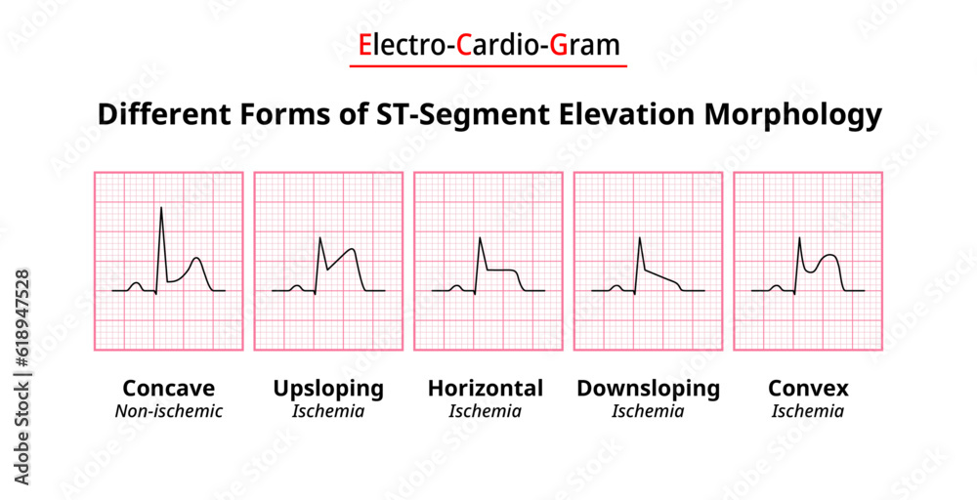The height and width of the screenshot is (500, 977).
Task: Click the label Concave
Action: pyautogui.click(x=168, y=388)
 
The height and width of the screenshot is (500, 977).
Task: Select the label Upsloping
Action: pyautogui.click(x=328, y=388)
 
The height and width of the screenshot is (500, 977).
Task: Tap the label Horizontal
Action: pyautogui.click(x=486, y=388)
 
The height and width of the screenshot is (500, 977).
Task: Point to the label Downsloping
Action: pyautogui.click(x=648, y=388)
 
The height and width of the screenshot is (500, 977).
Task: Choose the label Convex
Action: pyautogui.click(x=808, y=388)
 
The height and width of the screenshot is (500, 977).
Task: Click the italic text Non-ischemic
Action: pyautogui.click(x=168, y=411)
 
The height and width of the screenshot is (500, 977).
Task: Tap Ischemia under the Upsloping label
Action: pyautogui.click(x=328, y=411)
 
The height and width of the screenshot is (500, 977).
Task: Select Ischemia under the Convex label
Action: pyautogui.click(x=808, y=411)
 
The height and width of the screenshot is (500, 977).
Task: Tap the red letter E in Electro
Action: pyautogui.click(x=364, y=45)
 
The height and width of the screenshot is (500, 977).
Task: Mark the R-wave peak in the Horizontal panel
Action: pyautogui.click(x=480, y=238)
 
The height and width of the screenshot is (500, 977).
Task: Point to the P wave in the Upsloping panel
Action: pyautogui.click(x=296, y=286)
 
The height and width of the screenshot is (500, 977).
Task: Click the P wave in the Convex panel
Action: pyautogui.click(x=776, y=286)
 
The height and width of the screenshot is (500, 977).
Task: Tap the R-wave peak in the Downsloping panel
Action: pyautogui.click(x=639, y=238)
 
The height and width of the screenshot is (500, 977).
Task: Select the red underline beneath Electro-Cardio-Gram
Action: pyautogui.click(x=488, y=66)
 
